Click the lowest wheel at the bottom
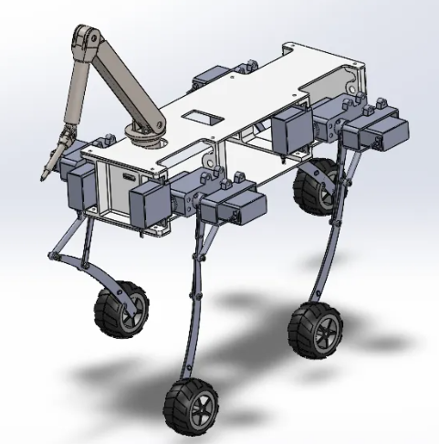191,405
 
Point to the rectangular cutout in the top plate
203,118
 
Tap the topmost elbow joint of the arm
85,42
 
